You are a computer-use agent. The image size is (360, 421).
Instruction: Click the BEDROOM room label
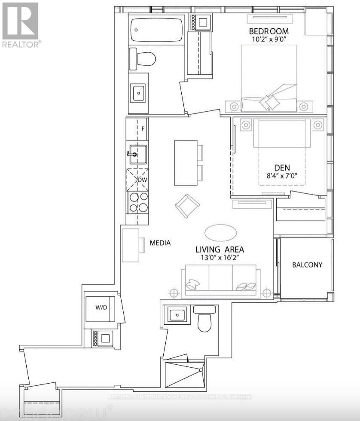(x=269, y=31)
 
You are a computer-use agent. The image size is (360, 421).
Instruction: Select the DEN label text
(x=282, y=168)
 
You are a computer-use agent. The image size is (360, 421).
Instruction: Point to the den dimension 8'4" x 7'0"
(x=282, y=176)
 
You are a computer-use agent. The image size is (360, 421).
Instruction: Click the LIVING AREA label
(x=220, y=250)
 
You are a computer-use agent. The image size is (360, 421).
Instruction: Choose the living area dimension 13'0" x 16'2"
(x=220, y=258)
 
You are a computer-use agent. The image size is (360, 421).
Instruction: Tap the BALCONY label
(x=307, y=265)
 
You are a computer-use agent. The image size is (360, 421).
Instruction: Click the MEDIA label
(x=160, y=243)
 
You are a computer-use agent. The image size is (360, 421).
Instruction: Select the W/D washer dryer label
(x=101, y=308)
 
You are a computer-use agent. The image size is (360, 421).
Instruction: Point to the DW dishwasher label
(x=142, y=180)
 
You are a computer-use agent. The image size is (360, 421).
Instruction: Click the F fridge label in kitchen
(x=143, y=128)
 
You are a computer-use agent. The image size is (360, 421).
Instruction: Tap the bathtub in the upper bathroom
(x=156, y=29)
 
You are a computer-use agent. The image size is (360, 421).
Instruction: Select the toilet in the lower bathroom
(x=205, y=320)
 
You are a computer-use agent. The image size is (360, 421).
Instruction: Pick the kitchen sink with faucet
(x=137, y=154)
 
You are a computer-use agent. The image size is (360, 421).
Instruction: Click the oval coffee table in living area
(x=220, y=233)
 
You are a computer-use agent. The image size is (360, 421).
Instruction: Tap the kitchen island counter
(x=186, y=162)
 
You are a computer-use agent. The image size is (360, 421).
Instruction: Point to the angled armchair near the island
(x=187, y=206)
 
